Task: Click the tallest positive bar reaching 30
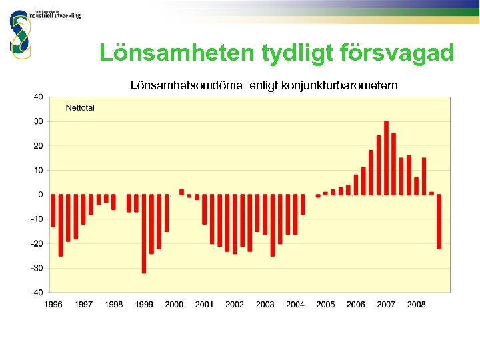coord(386,158)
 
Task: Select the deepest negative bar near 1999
coord(144,233)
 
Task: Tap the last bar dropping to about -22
coord(439,221)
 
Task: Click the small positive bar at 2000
coord(181,192)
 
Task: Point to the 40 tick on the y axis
coord(38,97)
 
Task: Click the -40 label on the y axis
coord(36,292)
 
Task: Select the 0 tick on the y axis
coord(40,195)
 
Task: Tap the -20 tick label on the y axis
coord(36,243)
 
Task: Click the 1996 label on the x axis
coord(53,305)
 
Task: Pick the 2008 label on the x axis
coord(416,305)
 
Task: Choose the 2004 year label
coord(295,305)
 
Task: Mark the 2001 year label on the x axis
coord(204,305)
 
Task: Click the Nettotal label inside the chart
coord(80,108)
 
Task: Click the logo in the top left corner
coord(20,33)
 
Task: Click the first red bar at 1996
coord(53,211)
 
